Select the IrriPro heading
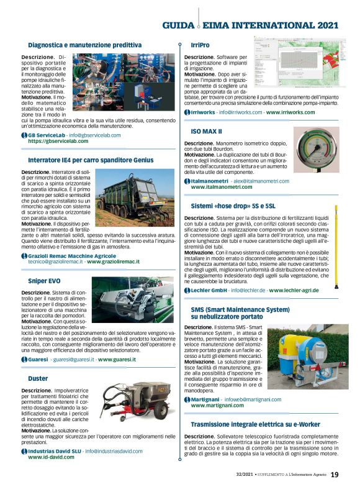click(199, 45)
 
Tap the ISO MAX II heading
click(207, 132)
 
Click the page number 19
click(335, 475)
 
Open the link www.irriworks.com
click(298, 112)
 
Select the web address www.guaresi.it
click(122, 359)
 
